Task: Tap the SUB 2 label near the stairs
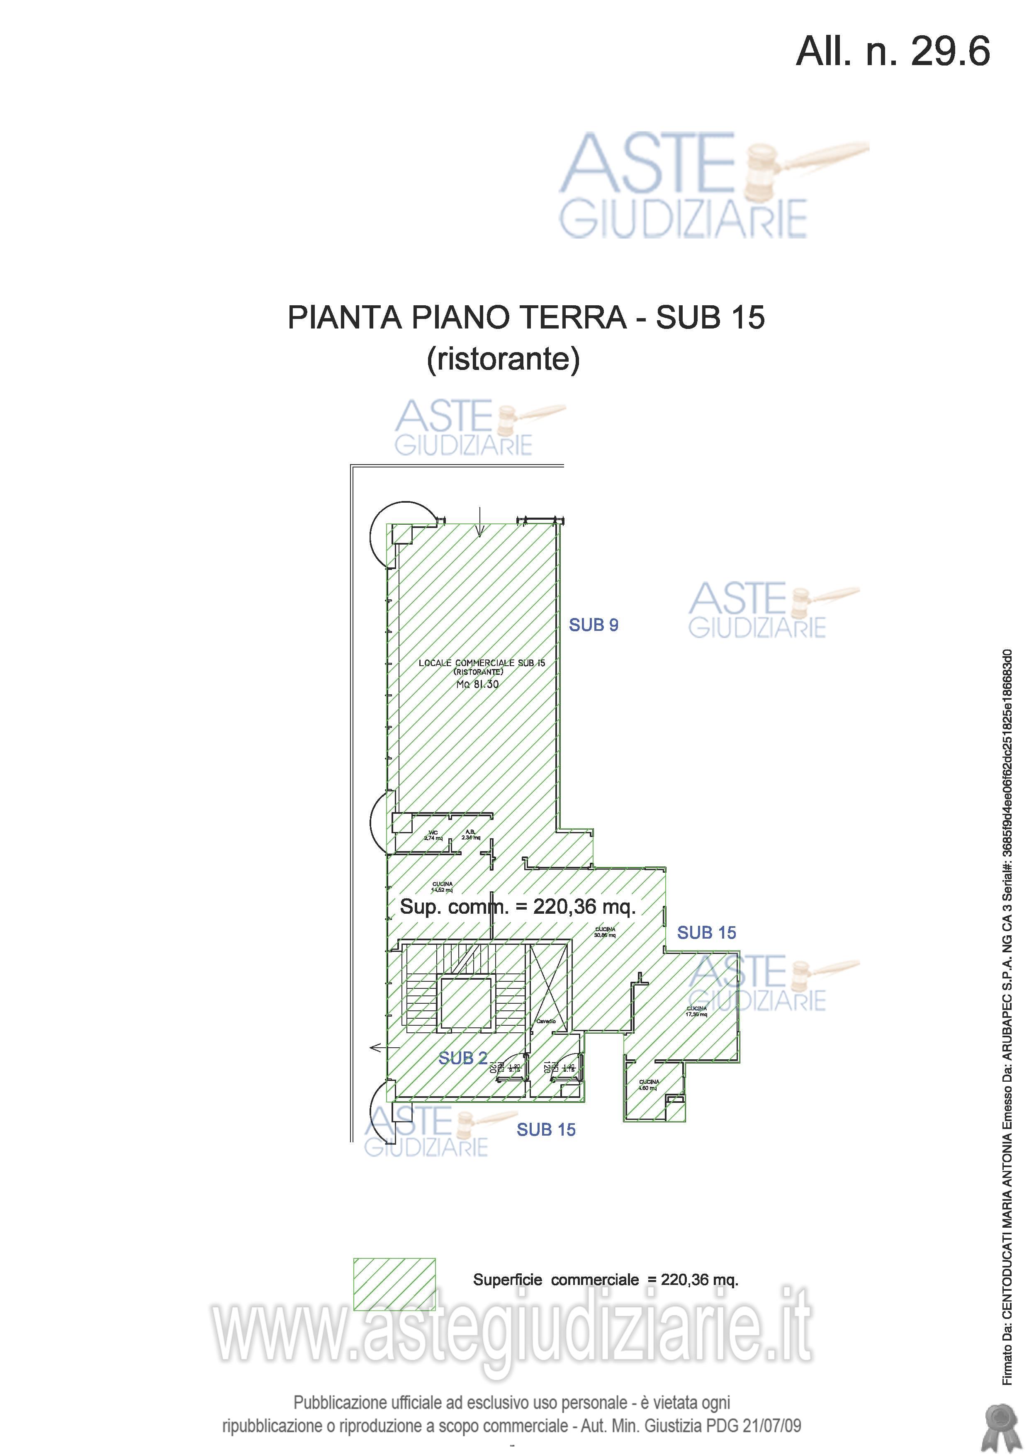coord(462,1058)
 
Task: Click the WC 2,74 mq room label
coord(433,835)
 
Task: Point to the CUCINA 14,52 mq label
coord(442,886)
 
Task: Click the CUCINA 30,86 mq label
coord(604,932)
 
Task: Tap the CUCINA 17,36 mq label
coord(696,1011)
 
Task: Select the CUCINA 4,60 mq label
coord(648,1085)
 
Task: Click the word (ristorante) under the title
coord(503,359)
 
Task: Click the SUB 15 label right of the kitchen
coord(706,933)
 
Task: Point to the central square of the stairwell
coord(466,1004)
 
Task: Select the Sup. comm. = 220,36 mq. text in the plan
coord(517,907)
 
